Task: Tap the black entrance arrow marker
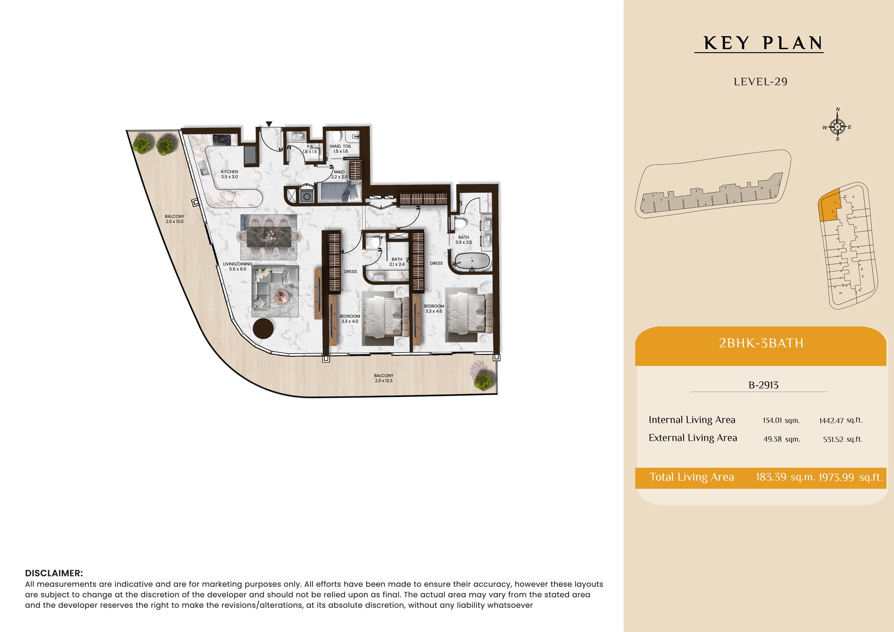point(269,124)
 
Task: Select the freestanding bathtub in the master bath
point(472,261)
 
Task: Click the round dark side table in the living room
point(263,329)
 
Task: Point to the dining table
point(269,236)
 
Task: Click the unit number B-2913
point(763,385)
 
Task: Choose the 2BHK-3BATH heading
point(761,343)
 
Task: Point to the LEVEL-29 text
point(760,82)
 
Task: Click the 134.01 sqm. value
point(781,421)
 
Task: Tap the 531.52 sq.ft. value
point(843,439)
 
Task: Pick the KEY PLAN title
point(763,43)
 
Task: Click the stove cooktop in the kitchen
point(222,140)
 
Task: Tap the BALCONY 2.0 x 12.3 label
point(384,378)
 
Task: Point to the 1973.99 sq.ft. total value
point(850,477)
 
